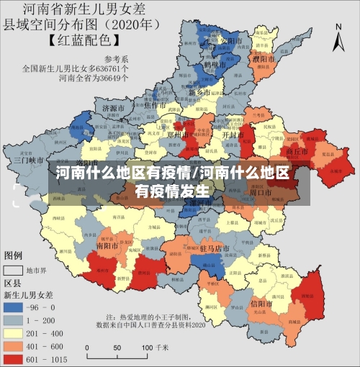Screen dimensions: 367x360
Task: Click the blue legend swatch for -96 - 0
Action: click(15, 305)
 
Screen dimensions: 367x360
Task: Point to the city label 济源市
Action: click(114, 109)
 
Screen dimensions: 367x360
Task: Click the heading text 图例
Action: click(14, 255)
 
